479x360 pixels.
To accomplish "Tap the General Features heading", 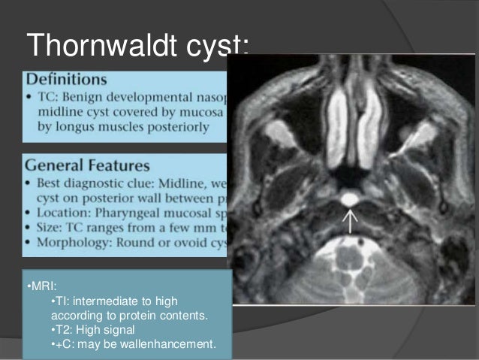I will tap(84, 165).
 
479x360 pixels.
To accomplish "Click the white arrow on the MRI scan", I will tap(349, 220).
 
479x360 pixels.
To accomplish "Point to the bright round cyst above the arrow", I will tap(349, 199).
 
